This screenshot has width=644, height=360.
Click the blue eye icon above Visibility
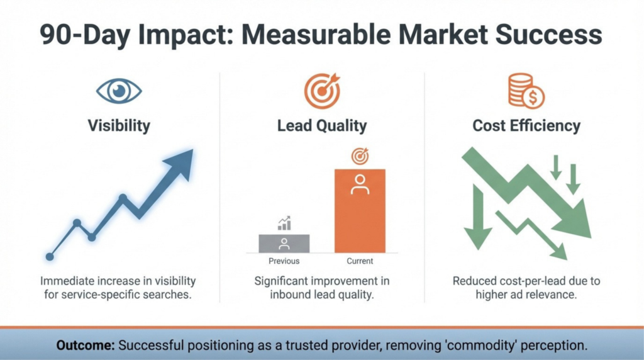tap(119, 91)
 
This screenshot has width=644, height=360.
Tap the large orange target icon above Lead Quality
tap(323, 91)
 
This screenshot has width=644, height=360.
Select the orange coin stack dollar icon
tap(526, 91)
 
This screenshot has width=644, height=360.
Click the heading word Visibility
tap(119, 125)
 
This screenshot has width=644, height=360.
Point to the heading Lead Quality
tap(322, 125)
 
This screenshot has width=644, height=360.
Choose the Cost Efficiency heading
tap(526, 125)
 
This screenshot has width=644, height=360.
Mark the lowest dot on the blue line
tap(50, 257)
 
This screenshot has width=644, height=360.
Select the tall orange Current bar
tap(360, 211)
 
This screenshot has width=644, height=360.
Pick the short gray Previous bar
tap(284, 244)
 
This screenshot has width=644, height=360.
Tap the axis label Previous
tap(284, 261)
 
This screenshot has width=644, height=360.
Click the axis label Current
tap(360, 261)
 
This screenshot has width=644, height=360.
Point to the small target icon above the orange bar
tap(360, 156)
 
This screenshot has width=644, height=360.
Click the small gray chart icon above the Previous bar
tap(284, 223)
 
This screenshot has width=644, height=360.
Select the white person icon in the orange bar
tap(360, 184)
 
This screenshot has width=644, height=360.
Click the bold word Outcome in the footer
tap(86, 345)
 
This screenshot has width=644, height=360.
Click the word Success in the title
tap(548, 35)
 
